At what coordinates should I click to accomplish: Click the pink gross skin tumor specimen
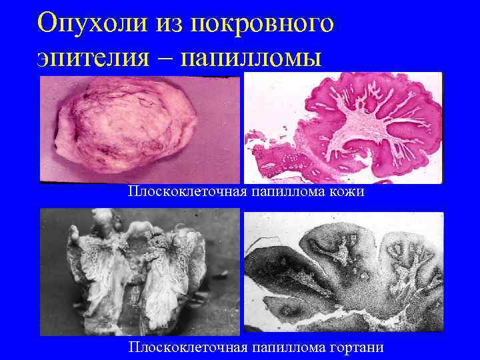pyautogui.click(x=127, y=127)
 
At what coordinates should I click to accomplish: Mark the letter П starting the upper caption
pyautogui.click(x=134, y=193)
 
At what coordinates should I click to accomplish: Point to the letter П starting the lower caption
pyautogui.click(x=134, y=347)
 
